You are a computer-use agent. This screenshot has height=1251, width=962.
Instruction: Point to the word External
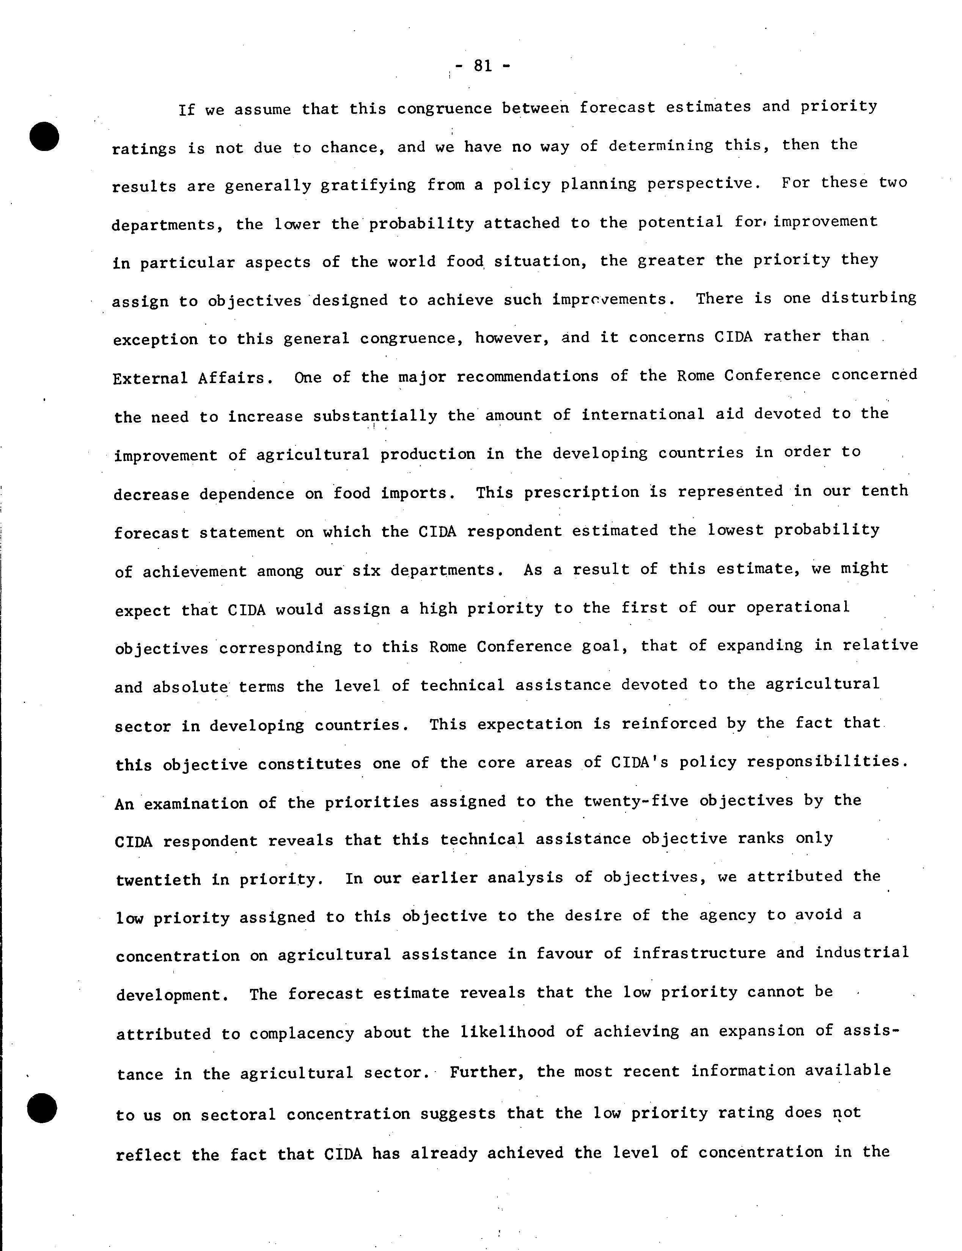coord(150,379)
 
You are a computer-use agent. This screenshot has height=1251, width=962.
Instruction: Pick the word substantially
coord(375,416)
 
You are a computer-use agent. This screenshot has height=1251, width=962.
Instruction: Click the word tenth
coord(884,491)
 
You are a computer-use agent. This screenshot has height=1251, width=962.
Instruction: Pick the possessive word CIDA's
coord(640,762)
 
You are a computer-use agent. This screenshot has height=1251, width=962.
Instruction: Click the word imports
coord(418,493)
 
